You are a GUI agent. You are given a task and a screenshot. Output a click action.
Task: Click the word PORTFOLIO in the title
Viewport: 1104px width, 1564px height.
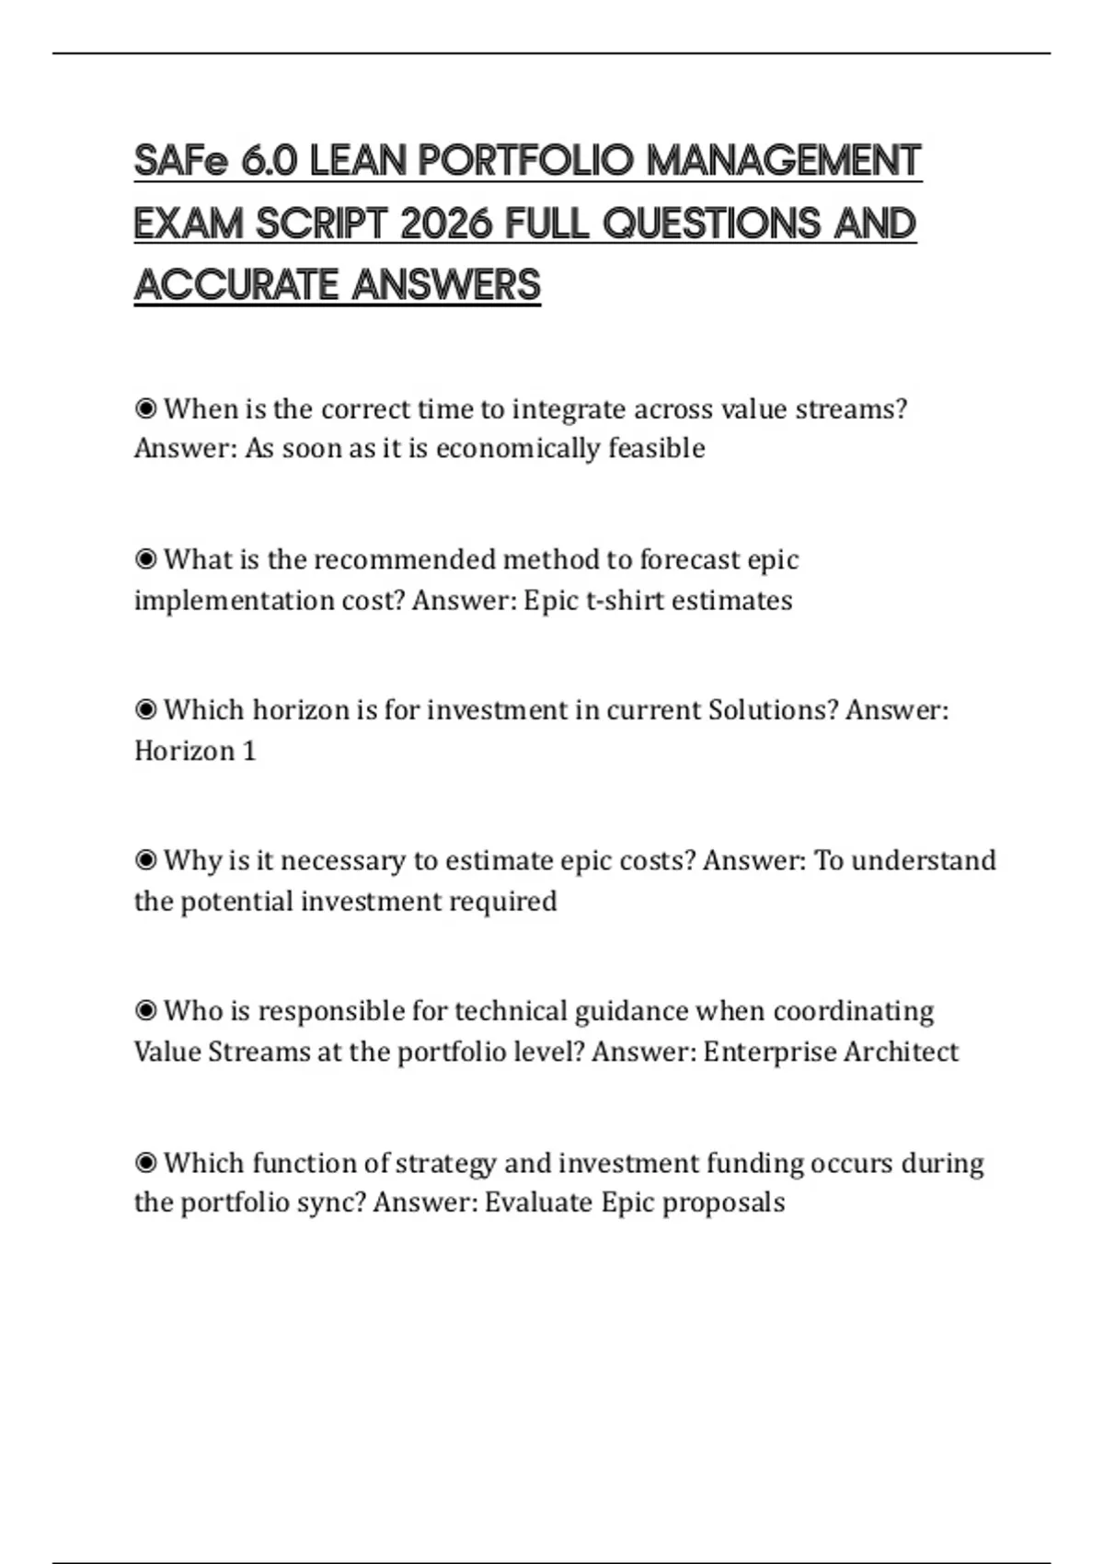pyautogui.click(x=525, y=162)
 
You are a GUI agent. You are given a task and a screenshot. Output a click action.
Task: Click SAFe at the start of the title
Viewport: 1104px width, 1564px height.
pyautogui.click(x=180, y=162)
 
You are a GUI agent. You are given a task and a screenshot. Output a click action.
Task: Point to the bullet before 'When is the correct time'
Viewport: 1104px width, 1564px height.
pyautogui.click(x=145, y=408)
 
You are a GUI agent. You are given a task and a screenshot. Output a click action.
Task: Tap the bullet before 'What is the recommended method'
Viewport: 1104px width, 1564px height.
pyautogui.click(x=145, y=558)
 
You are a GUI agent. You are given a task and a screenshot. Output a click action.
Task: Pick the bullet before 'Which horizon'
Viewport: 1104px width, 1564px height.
pyautogui.click(x=145, y=709)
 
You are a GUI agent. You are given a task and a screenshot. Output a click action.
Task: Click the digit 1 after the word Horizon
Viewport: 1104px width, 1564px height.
pyautogui.click(x=248, y=751)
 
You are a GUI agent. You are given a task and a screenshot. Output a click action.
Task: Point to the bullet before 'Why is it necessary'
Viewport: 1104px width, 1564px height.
pyautogui.click(x=145, y=860)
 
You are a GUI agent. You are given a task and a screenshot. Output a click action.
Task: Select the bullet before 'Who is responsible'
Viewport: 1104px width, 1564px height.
pyautogui.click(x=145, y=1010)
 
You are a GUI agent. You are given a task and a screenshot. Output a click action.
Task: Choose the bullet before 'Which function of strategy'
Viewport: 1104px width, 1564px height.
pyautogui.click(x=145, y=1162)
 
